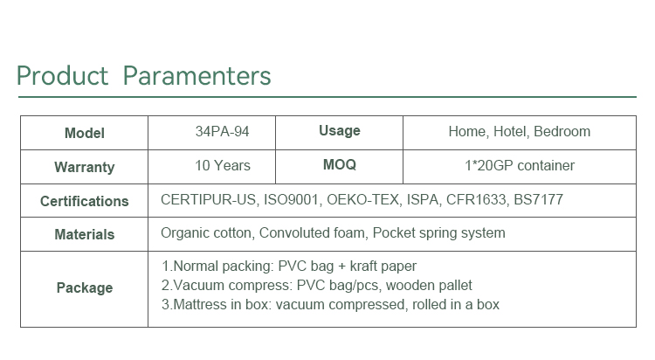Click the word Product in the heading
click(62, 76)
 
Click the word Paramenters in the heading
click(196, 76)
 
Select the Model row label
click(85, 134)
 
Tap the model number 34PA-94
click(222, 132)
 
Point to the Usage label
click(339, 131)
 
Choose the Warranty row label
click(85, 167)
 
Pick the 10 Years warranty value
click(223, 166)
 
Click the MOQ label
click(339, 165)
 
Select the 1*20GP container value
click(520, 166)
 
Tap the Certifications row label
click(85, 201)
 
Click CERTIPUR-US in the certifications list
click(208, 200)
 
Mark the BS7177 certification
click(538, 200)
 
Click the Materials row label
click(85, 234)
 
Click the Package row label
click(85, 288)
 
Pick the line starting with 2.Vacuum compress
click(317, 286)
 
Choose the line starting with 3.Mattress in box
click(330, 305)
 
